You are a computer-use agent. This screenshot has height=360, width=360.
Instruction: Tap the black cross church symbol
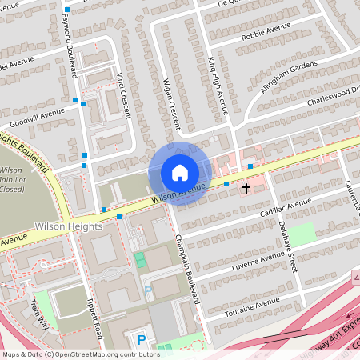pos(246,189)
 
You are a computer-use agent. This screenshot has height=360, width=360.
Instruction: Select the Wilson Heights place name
pos(69,227)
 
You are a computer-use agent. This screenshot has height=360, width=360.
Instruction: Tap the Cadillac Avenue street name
pos(285,206)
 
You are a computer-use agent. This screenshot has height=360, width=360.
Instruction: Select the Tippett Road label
pos(94,316)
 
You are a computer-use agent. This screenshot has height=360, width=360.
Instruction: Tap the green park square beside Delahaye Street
pos(302,234)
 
